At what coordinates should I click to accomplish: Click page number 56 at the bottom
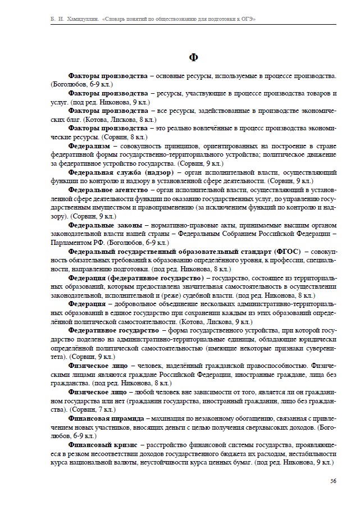[333, 481]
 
